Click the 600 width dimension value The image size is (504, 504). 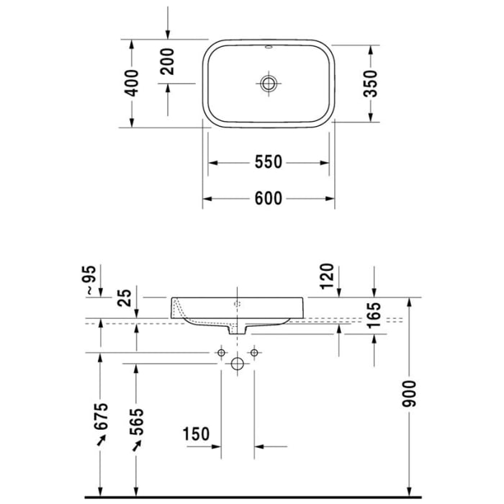tap(268, 199)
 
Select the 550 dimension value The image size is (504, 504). tap(268, 163)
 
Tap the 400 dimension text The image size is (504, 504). tap(132, 84)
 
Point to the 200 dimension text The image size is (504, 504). tap(167, 61)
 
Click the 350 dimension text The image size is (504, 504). tap(370, 84)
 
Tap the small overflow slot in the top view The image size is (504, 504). tap(269, 50)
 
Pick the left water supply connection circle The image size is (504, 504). tap(222, 353)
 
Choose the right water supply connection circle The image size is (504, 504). tap(253, 353)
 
